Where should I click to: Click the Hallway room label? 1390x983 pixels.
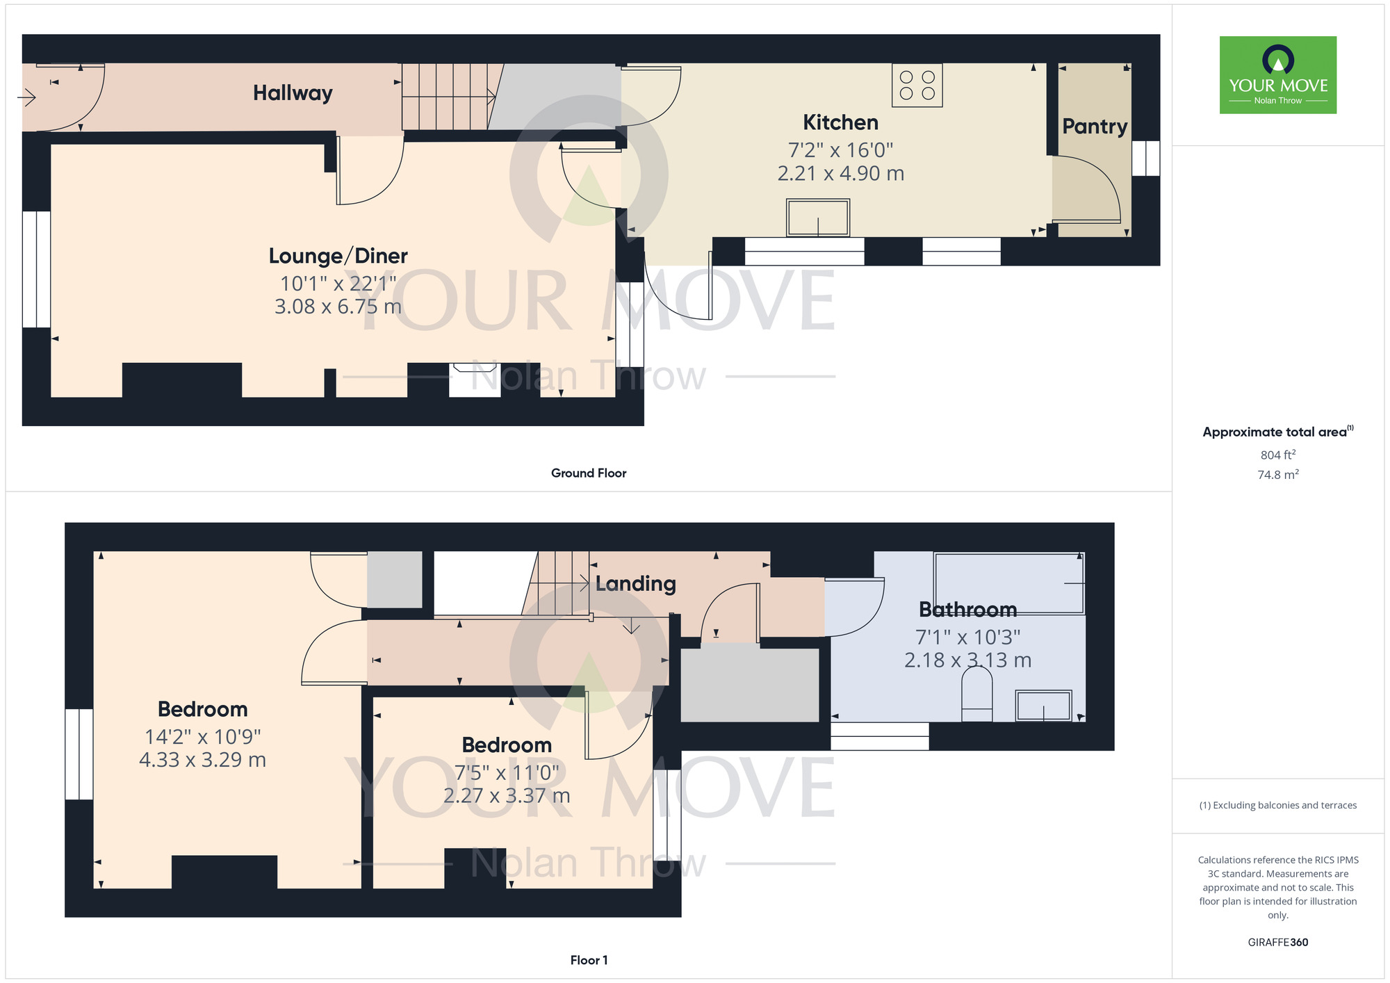(x=293, y=93)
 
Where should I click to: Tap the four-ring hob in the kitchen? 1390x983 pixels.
(x=917, y=86)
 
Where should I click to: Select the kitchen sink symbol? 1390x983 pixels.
(x=817, y=218)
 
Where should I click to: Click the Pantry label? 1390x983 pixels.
(x=1095, y=127)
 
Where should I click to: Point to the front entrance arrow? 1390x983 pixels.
(x=26, y=97)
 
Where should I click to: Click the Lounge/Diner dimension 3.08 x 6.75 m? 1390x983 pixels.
(x=338, y=307)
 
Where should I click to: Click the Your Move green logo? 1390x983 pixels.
(x=1277, y=75)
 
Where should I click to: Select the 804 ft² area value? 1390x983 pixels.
(x=1277, y=455)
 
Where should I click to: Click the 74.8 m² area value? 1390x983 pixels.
(x=1277, y=475)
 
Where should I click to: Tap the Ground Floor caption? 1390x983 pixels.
(x=589, y=473)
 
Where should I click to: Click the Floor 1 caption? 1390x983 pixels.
(x=589, y=960)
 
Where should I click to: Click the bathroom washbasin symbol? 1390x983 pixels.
(x=1043, y=706)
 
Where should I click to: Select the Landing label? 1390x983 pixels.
(x=635, y=584)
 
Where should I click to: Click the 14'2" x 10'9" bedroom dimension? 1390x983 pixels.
(x=202, y=737)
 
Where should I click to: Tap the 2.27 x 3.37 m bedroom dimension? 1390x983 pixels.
(x=507, y=795)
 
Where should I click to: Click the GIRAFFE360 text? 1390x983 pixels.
(x=1277, y=943)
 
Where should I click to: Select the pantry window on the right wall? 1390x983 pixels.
(x=1145, y=159)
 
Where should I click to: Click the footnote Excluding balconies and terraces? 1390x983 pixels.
(x=1277, y=805)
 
